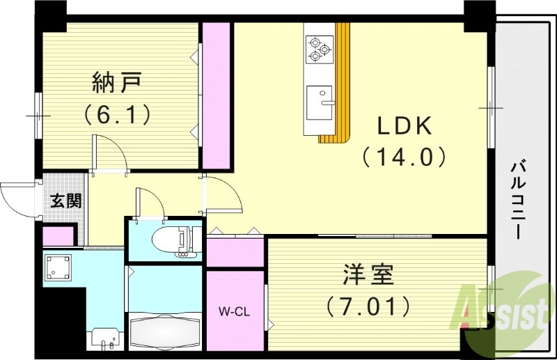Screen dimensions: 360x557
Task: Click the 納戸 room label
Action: coord(118,83)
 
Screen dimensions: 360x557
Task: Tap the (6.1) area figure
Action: coord(118,113)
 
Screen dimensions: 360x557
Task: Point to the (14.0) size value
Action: coord(405,157)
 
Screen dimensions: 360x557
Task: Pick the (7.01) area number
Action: coord(368,304)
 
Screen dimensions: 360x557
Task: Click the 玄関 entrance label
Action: coord(65,201)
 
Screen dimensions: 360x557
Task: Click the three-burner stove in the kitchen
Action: coord(317,48)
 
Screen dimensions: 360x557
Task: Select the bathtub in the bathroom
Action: coord(166,333)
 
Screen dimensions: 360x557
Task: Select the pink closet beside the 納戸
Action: coord(217,95)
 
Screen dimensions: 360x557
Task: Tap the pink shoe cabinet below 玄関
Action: coord(58,236)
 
